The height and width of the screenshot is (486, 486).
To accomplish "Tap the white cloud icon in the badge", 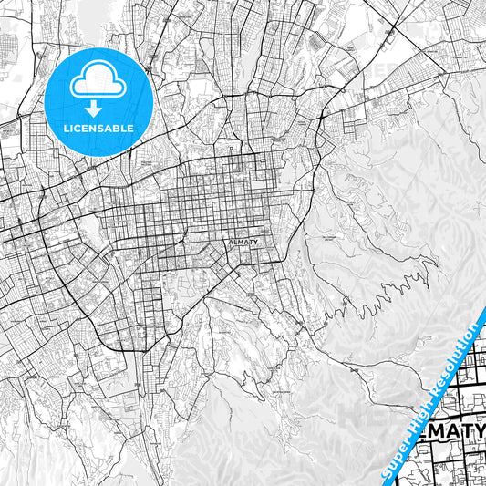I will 99,80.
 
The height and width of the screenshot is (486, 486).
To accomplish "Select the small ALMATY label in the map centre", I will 242,243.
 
